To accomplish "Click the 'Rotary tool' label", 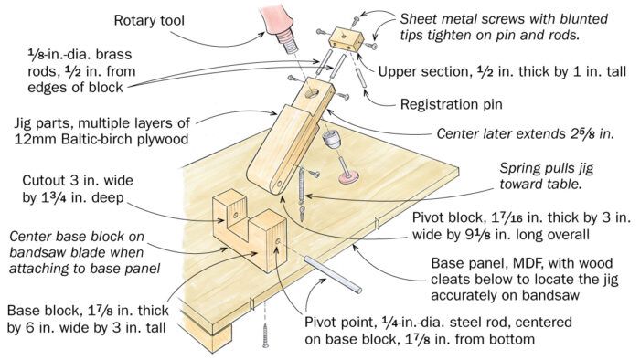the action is point(149,20).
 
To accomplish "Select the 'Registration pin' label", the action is point(451,104).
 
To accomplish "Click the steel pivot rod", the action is point(332,274).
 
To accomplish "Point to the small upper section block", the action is point(347,39).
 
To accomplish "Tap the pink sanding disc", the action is point(348,176).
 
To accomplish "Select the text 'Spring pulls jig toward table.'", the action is point(546,175).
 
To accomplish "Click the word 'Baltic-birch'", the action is point(102,139).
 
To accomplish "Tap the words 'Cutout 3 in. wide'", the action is point(78,180).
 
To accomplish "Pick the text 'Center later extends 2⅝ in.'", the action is point(526,133).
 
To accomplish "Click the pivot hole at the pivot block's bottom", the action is point(279,183).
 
